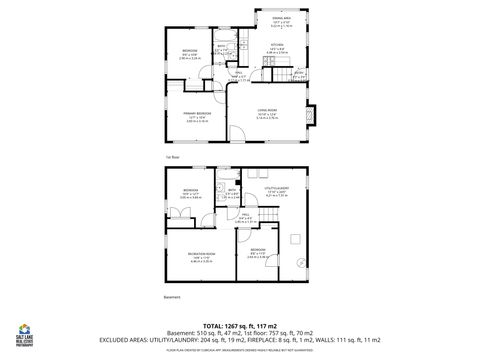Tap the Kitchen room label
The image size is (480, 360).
coord(279,46)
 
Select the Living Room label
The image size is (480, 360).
coord(267,113)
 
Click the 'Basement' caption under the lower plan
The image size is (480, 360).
coord(171,297)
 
